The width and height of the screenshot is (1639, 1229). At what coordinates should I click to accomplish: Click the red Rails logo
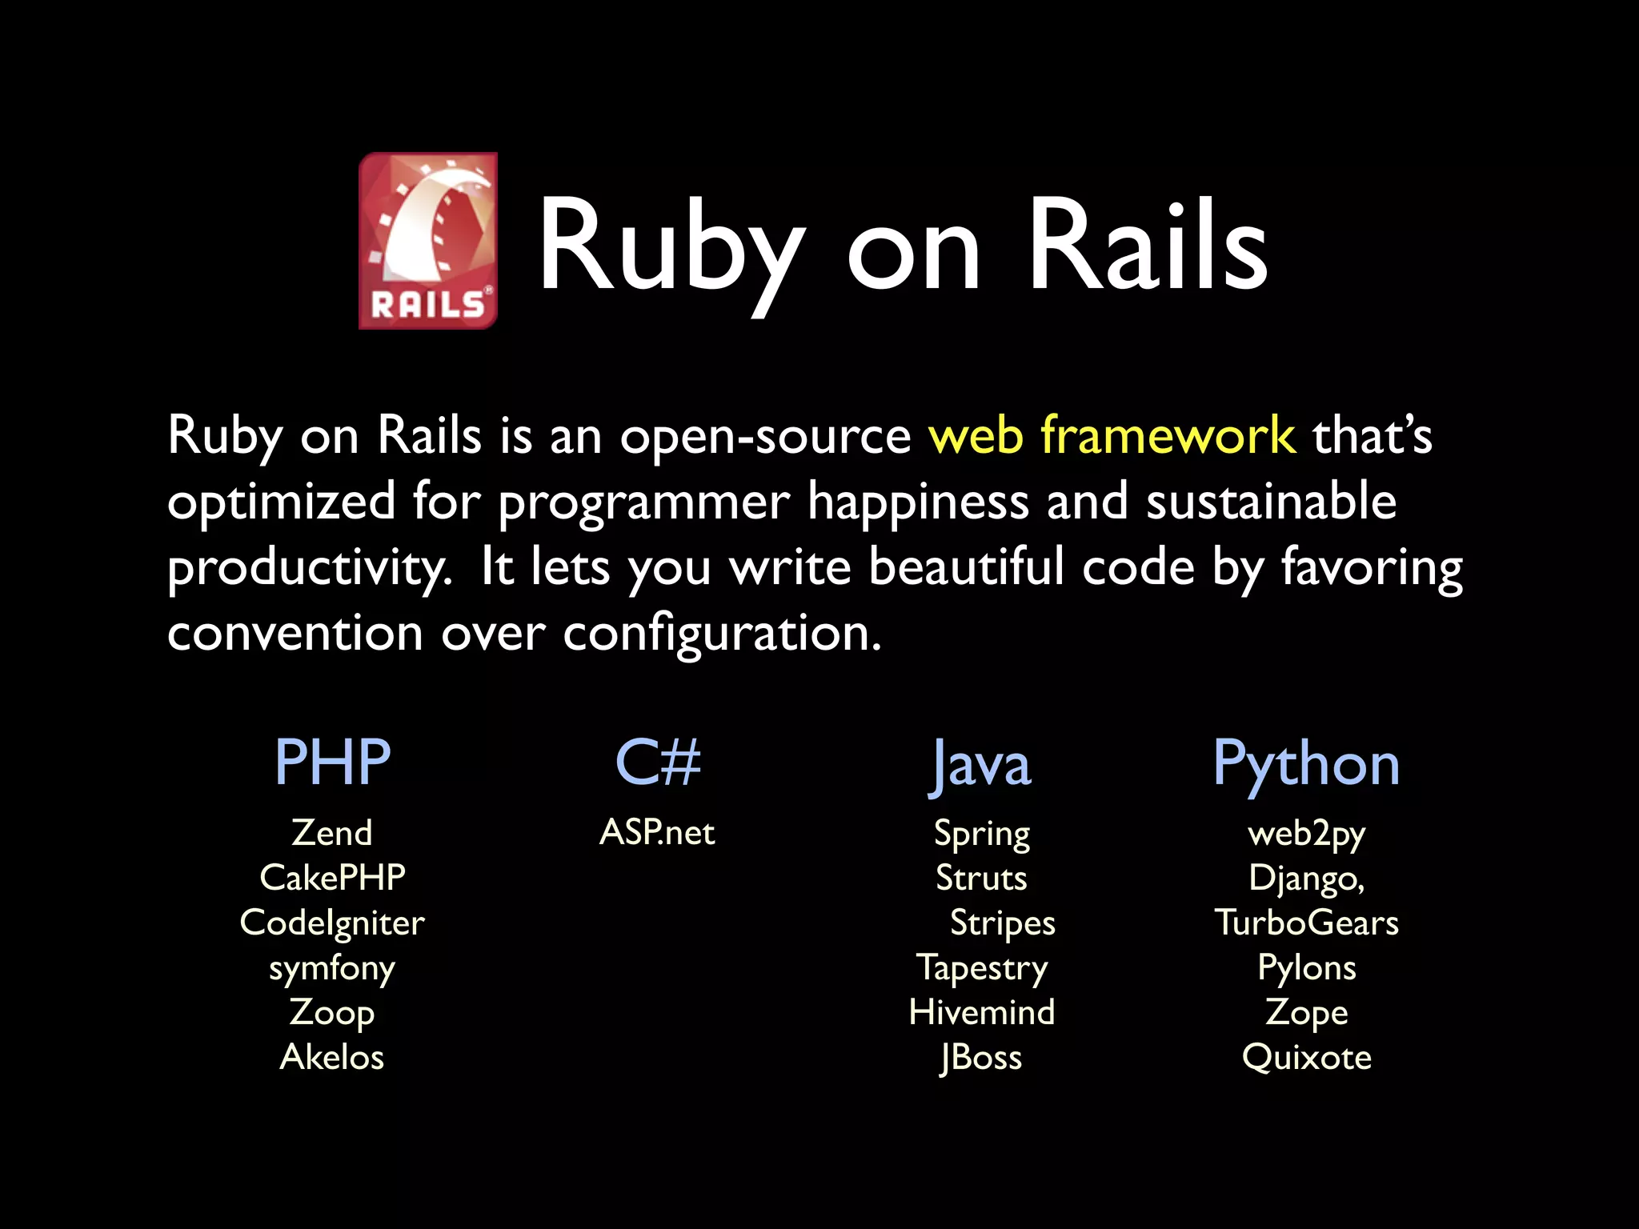click(428, 240)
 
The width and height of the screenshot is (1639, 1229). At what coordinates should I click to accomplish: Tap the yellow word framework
click(1167, 435)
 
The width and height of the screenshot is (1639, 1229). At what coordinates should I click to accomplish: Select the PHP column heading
click(332, 762)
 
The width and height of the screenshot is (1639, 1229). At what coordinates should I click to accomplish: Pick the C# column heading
click(658, 762)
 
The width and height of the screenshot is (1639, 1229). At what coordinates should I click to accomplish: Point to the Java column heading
click(981, 765)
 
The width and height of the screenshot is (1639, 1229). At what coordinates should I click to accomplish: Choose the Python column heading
click(1306, 765)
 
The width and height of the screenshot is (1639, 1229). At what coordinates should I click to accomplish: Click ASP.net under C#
click(657, 833)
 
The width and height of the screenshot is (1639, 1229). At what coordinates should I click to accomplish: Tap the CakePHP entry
click(332, 878)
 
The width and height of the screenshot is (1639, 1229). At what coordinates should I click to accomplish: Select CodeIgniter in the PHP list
click(332, 923)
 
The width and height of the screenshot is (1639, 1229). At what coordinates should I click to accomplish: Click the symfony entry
click(332, 968)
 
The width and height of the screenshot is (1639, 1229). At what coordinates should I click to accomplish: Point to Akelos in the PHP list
click(332, 1057)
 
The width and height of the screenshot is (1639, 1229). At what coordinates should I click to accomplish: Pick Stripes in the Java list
click(1002, 923)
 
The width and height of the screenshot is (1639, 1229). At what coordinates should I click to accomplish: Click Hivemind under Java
click(982, 1012)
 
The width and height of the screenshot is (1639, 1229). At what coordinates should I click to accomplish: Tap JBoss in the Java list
click(981, 1057)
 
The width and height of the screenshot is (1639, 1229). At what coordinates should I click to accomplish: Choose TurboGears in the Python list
click(1306, 923)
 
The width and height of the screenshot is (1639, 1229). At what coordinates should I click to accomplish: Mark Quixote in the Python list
click(1306, 1057)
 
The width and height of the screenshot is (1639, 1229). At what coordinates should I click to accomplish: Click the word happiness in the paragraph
click(918, 502)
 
